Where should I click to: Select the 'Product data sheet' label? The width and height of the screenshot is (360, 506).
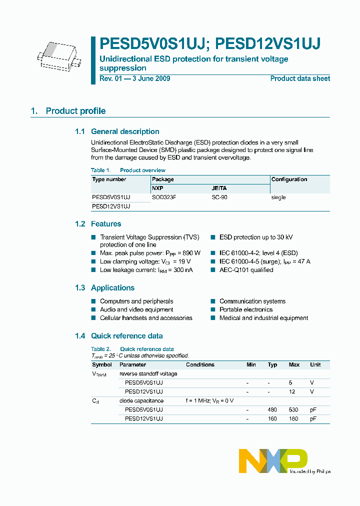pos(300,78)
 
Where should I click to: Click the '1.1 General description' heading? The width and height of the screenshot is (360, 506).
pos(117,131)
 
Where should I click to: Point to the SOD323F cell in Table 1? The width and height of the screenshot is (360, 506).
pos(164,197)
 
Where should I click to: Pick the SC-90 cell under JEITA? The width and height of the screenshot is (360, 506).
pos(219,197)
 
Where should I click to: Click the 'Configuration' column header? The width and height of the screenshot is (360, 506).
pos(289,179)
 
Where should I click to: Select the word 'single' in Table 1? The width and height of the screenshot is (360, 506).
pos(278,197)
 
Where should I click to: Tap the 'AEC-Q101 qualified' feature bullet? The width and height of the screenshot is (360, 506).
pos(246,270)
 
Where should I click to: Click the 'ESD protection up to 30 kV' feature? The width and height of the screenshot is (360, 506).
pos(256,237)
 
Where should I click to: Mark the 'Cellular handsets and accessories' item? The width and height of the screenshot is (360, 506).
pos(146,318)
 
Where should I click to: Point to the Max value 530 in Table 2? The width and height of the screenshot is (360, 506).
pos(294,409)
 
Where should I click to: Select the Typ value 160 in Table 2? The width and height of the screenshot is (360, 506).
pos(272,418)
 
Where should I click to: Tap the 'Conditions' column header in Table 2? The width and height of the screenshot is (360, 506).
pos(200,364)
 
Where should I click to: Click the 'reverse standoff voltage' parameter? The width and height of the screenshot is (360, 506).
pos(148,373)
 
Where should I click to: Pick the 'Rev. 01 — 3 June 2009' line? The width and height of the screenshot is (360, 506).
pos(135,78)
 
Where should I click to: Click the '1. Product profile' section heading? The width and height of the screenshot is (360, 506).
pos(68,111)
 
